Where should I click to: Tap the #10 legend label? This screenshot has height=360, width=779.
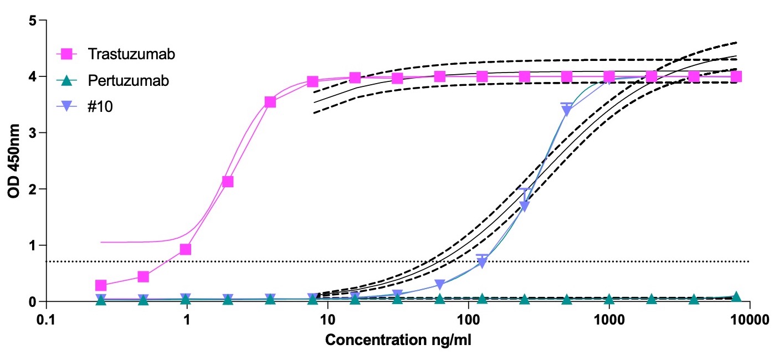pos(100,106)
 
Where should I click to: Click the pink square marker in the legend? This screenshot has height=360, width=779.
pos(66,54)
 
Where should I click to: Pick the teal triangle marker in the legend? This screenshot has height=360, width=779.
pos(66,80)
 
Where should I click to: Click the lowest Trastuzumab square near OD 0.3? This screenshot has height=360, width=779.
pos(100,285)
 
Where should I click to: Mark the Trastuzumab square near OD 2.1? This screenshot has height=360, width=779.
pos(227,181)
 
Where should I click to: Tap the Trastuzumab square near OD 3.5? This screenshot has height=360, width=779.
pos(270,102)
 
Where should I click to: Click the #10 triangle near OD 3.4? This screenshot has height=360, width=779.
pos(566,110)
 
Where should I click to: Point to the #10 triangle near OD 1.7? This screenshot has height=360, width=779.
pos(524,206)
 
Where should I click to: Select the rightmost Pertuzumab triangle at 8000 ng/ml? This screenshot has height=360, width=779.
pos(736,297)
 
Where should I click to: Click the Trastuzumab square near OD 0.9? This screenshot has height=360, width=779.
pos(186,249)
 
